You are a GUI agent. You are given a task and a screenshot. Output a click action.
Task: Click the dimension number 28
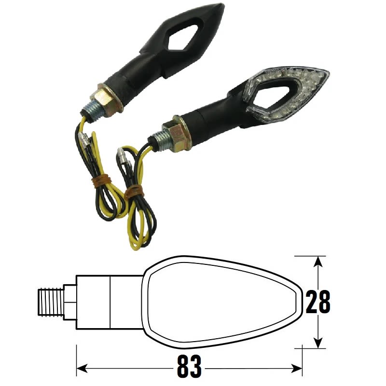click(x=318, y=303)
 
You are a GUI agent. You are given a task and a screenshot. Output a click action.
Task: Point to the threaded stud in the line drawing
click(x=51, y=303)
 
